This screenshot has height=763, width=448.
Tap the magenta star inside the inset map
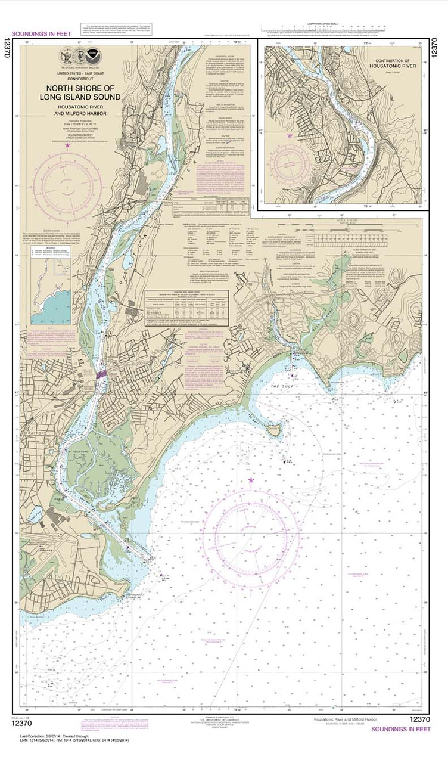pyautogui.click(x=290, y=136)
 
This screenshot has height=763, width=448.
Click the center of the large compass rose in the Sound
pyautogui.click(x=251, y=530)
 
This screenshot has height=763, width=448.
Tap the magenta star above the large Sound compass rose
pyautogui.click(x=251, y=480)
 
